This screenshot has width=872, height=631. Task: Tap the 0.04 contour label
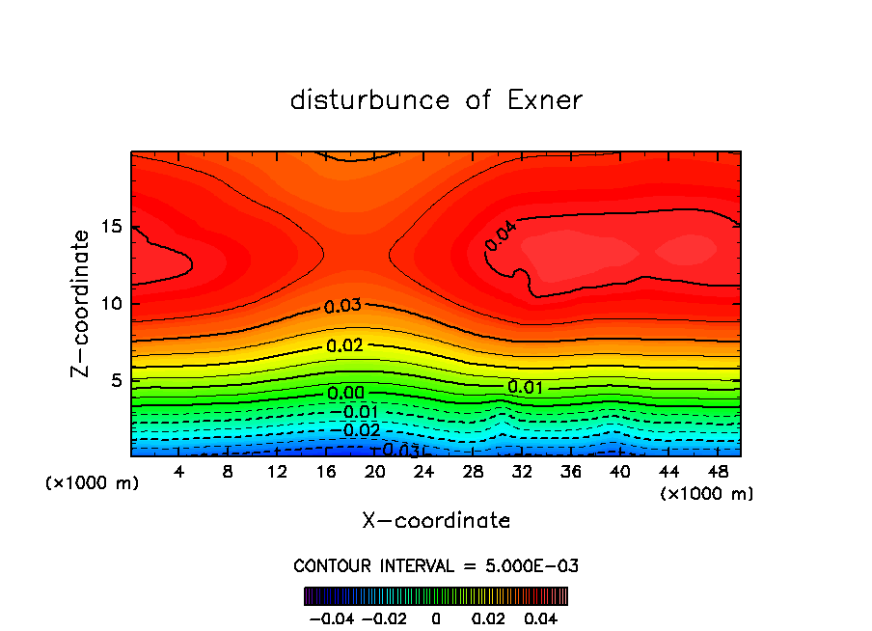tap(501, 236)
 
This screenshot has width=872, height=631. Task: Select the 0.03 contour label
tap(342, 307)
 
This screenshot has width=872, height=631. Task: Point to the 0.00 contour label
tap(345, 393)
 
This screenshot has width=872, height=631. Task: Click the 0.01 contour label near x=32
tap(525, 388)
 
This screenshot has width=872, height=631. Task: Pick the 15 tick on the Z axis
tap(109, 227)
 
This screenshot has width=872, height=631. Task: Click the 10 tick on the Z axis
tap(109, 303)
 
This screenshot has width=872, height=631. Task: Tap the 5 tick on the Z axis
tap(114, 380)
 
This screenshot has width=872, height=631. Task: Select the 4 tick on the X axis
tap(178, 472)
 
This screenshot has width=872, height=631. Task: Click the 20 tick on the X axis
tap(374, 472)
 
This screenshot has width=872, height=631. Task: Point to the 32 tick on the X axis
tap(522, 472)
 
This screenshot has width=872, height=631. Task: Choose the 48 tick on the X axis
tap(718, 472)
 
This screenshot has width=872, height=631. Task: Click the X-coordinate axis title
tap(436, 521)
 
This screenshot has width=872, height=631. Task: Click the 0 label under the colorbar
tap(436, 617)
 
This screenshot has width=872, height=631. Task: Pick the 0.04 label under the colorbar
tap(541, 617)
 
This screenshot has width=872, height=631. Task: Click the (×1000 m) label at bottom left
tap(93, 483)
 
